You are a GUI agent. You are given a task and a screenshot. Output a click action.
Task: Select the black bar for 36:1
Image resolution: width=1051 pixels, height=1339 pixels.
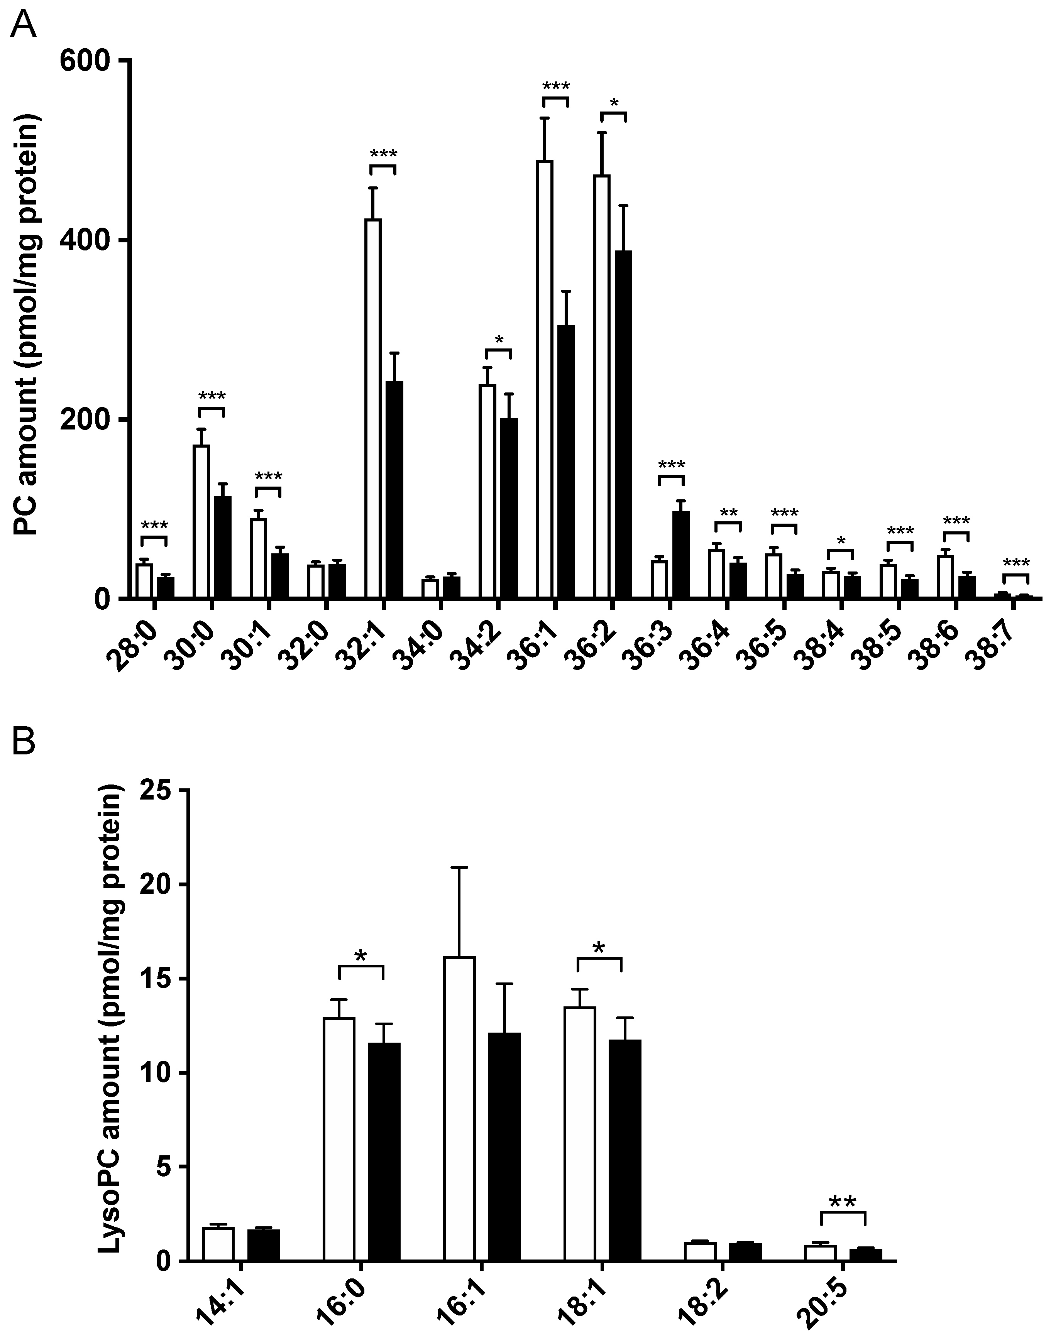(x=566, y=461)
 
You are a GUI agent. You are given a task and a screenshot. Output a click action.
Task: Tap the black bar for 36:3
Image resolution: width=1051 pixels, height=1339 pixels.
(x=680, y=554)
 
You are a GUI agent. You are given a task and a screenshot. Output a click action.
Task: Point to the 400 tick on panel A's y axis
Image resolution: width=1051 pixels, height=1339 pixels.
(x=123, y=240)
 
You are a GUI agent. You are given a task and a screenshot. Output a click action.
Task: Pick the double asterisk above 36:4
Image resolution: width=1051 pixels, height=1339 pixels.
(x=728, y=512)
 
